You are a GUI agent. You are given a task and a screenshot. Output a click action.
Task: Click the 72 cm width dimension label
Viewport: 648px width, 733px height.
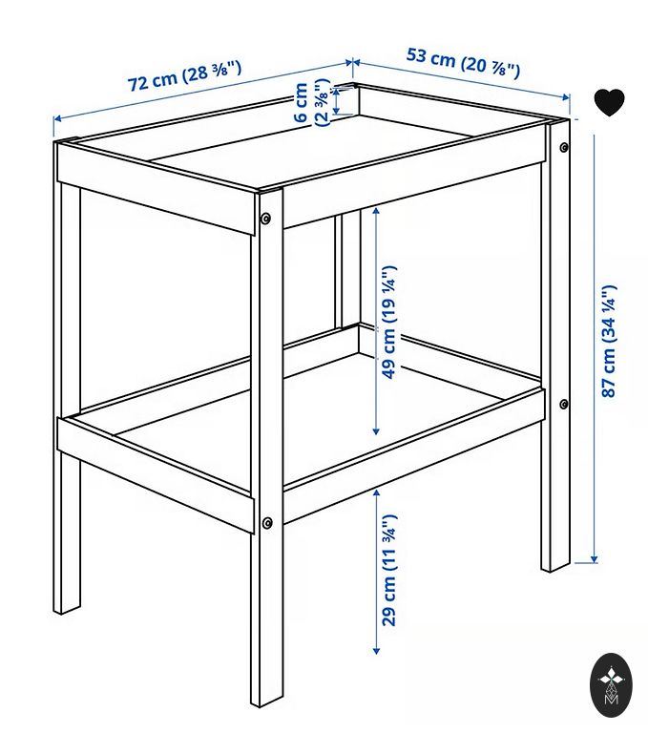point(184,76)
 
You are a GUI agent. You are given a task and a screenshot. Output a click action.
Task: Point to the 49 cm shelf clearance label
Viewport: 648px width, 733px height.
point(389,322)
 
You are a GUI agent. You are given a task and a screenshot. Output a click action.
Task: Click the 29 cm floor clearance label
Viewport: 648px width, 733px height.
point(389,571)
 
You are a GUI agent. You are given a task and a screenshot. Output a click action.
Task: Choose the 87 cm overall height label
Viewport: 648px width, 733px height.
point(609,342)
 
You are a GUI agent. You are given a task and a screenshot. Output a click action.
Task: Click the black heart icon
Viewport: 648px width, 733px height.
point(609,102)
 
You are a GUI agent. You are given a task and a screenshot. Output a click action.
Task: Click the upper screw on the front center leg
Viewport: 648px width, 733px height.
point(265,219)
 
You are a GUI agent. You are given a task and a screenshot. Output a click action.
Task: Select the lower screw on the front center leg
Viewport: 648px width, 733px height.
point(267,523)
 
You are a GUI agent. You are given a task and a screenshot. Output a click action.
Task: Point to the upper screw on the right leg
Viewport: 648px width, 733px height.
point(564,147)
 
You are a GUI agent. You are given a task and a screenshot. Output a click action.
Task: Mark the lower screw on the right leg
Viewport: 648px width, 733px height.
point(564,404)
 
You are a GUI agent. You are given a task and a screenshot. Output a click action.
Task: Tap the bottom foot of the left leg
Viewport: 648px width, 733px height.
point(67,608)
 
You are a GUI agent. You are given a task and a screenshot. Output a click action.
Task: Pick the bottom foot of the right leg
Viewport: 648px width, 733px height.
point(555,566)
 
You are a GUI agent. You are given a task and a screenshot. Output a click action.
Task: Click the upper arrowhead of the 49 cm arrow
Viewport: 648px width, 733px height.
point(376,212)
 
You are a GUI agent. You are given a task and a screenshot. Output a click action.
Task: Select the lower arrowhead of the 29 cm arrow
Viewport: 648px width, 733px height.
point(376,650)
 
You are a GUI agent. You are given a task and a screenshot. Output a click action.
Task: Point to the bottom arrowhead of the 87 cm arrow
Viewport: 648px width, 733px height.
point(595,557)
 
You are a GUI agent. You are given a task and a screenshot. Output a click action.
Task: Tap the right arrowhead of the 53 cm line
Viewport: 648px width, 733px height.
point(566,97)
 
